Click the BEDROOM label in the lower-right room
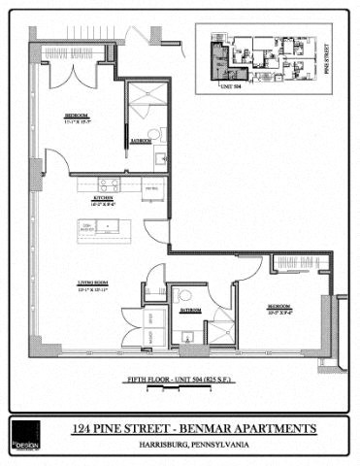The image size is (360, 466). point(280,308)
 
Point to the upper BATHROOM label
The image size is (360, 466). point(140,140)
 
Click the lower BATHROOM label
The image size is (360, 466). point(189,311)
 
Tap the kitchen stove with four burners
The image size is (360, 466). point(109,184)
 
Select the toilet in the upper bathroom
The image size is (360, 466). point(153,134)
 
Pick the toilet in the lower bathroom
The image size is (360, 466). point(185,294)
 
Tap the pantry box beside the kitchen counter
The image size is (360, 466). point(151,186)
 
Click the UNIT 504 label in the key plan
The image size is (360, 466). point(229,84)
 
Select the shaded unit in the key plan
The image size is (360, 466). point(221,59)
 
